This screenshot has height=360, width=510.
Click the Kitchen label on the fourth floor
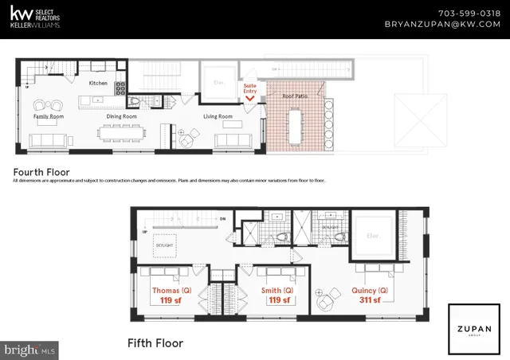(x=98, y=82)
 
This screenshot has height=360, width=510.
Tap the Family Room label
(x=48, y=116)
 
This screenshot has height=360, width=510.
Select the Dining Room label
(x=122, y=116)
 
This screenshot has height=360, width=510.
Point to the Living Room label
(x=218, y=116)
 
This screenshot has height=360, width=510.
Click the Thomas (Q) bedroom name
(x=170, y=291)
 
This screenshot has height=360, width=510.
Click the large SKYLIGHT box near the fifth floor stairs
(x=165, y=247)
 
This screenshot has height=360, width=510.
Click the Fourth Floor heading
(x=41, y=171)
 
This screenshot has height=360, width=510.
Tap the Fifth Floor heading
(x=155, y=343)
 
